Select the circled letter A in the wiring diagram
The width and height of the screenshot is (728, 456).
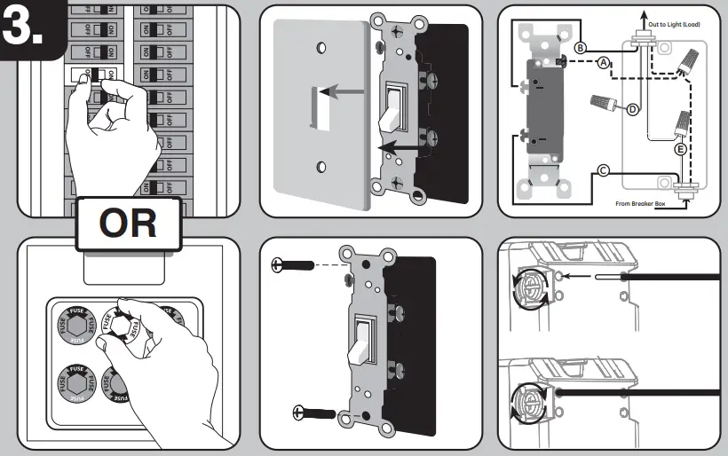coord(604,63)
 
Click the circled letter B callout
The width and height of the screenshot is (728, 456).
coord(580,47)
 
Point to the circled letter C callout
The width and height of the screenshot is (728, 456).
coord(603,170)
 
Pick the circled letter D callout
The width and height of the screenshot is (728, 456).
coord(632,109)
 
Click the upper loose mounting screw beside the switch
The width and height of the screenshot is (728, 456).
coord(292,264)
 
